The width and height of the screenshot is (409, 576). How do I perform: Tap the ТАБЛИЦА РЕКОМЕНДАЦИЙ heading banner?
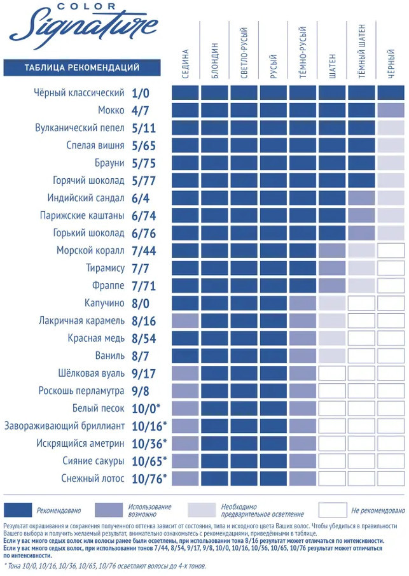click(x=81, y=67)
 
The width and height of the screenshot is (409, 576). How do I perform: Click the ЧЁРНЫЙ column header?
click(x=391, y=64)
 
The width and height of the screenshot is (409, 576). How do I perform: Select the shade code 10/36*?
click(x=149, y=442)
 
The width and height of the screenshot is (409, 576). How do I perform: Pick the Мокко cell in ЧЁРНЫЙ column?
click(x=391, y=111)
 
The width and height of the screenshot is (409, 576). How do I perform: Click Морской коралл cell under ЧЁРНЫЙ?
click(x=391, y=250)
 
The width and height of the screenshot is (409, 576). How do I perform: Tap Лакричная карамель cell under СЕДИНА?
click(x=185, y=320)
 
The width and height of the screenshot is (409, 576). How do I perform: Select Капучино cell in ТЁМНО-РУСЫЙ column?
click(x=303, y=302)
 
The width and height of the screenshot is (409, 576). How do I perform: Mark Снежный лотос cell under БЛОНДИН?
click(x=214, y=477)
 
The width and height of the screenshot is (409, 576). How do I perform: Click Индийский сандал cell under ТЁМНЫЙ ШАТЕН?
click(x=361, y=198)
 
